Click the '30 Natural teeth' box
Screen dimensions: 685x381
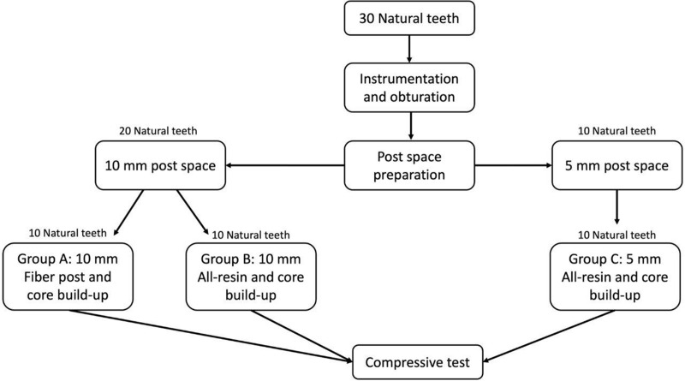coord(409,18)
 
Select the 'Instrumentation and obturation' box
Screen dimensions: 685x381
coord(409,87)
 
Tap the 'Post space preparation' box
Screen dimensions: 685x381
coord(409,165)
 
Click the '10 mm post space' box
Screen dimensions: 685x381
coord(160,165)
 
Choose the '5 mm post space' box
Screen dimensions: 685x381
coord(616,165)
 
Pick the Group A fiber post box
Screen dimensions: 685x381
coord(68,277)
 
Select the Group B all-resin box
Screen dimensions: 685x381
coord(251,277)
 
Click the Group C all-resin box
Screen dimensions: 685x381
coord(615,277)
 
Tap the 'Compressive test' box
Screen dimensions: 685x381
coord(418,362)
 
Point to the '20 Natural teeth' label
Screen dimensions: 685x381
coord(158,131)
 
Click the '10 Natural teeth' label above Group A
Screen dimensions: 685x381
coord(68,233)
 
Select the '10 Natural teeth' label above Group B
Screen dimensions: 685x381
coord(251,235)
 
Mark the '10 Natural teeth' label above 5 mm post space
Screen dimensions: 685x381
coord(616,131)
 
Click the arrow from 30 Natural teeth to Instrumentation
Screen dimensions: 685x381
coord(409,49)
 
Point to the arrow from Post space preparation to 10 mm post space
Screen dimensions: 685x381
coord(285,165)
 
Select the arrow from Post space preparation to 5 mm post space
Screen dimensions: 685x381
coord(513,165)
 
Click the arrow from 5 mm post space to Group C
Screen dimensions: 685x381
coord(616,207)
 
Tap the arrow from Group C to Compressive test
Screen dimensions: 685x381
coord(549,336)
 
